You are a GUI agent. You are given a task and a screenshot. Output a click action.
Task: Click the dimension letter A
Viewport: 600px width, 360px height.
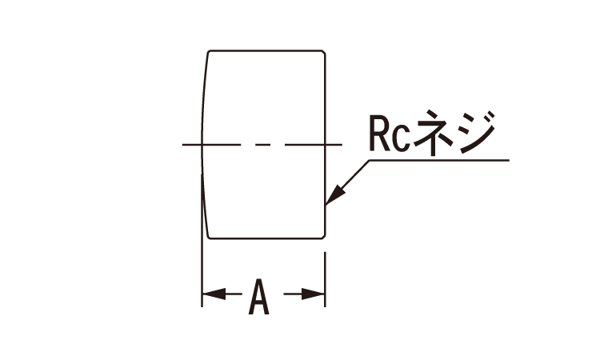click(x=258, y=296)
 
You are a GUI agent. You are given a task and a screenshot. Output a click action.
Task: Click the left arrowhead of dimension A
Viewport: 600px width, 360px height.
click(x=209, y=295)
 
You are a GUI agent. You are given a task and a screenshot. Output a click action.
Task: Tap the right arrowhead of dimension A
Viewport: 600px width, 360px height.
click(x=317, y=295)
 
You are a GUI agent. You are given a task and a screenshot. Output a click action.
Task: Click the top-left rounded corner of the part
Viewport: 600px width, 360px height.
click(x=210, y=54)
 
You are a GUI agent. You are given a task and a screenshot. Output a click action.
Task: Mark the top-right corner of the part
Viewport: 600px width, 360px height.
click(x=323, y=54)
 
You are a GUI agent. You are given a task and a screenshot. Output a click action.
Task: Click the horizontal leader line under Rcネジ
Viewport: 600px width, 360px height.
click(x=440, y=160)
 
